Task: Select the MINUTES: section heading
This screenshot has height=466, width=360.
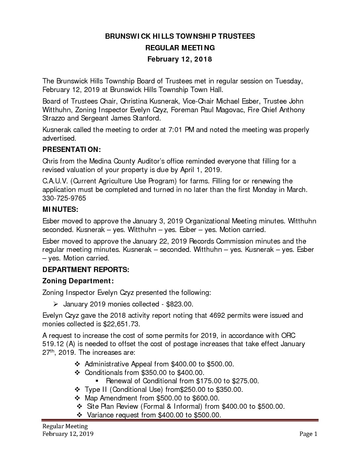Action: pyautogui.click(x=61, y=210)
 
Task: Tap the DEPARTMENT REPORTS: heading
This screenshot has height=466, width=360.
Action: pyautogui.click(x=86, y=269)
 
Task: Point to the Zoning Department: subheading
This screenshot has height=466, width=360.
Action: pyautogui.click(x=78, y=281)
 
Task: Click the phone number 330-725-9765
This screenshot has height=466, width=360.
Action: pyautogui.click(x=64, y=198)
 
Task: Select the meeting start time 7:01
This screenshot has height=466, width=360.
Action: pyautogui.click(x=175, y=129)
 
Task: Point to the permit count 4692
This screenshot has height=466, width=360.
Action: pyautogui.click(x=217, y=315)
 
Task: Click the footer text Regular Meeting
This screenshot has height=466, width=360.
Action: pyautogui.click(x=65, y=426)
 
